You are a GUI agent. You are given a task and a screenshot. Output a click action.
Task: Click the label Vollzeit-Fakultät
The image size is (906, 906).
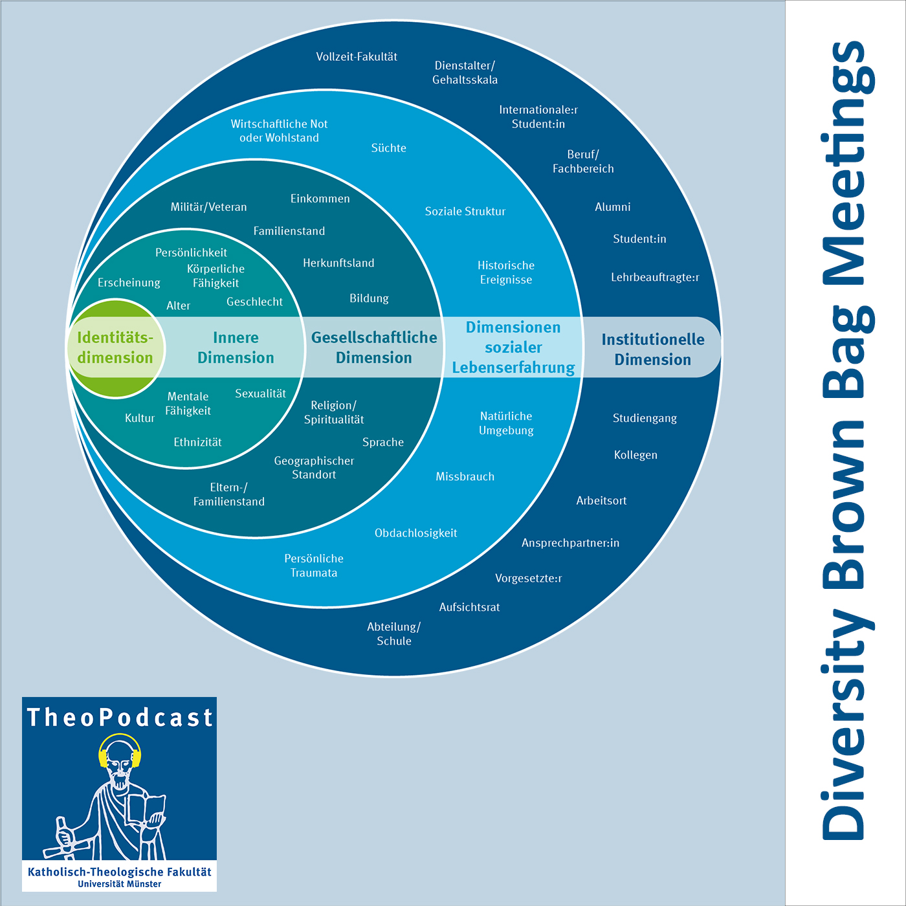pos(357,57)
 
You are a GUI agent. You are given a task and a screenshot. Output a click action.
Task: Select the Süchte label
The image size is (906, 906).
pos(388,148)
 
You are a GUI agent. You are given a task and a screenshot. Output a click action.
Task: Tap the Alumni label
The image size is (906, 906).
pos(612,207)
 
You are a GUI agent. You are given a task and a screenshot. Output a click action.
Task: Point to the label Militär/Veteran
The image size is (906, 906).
pos(208,207)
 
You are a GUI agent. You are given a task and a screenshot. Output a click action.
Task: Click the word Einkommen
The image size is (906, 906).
pos(320,199)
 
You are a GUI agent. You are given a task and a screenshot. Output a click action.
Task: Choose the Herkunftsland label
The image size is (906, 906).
pos(338,263)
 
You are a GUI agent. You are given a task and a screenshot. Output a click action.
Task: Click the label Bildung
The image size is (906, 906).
pos(369,298)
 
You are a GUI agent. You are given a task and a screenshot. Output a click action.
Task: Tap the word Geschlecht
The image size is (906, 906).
pos(254,302)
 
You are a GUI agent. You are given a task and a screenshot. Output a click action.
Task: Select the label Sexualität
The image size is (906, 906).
pos(260,393)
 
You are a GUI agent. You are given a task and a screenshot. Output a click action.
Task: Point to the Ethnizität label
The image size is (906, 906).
pos(197,442)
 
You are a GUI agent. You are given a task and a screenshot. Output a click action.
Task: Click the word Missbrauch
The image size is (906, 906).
pos(465,477)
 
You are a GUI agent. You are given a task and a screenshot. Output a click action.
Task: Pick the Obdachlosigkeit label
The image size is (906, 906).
pos(415,533)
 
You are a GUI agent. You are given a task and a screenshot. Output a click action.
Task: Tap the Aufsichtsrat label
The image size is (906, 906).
pos(469,607)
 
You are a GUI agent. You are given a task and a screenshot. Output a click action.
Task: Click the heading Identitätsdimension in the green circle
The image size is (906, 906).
pos(115,348)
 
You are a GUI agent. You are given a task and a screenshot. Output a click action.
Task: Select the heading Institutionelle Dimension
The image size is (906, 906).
pos(652,349)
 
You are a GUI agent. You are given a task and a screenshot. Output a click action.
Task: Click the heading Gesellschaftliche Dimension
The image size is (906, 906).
pos(374,348)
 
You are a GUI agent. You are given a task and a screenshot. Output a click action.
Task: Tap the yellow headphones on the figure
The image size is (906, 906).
pos(120,751)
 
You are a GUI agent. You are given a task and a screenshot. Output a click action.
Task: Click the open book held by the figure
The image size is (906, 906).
pos(144,809)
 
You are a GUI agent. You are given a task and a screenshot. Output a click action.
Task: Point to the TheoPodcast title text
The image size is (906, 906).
pos(120,718)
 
